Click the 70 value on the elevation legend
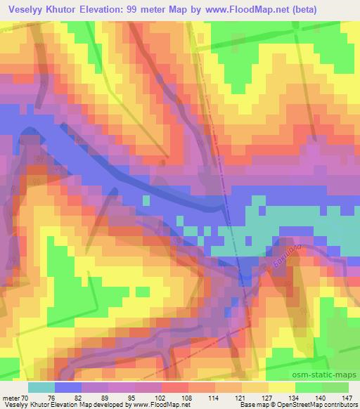27,398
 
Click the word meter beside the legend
11,398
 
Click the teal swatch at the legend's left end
41,387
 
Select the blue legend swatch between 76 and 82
68,387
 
